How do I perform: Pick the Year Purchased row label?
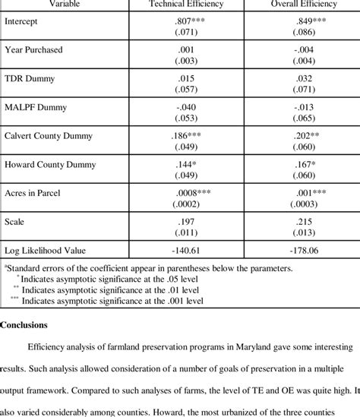click(x=33, y=50)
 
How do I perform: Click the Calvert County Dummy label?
click(x=49, y=136)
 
